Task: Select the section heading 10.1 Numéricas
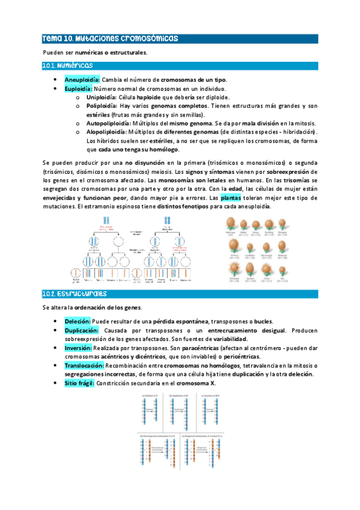pos(67,66)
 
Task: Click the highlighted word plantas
pos(231,197)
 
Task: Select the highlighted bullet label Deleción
pos(78,321)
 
